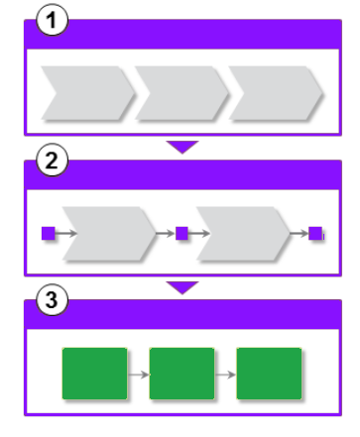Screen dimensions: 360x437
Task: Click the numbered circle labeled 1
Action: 52,20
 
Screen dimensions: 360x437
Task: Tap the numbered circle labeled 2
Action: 52,161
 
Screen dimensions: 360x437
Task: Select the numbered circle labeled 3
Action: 52,300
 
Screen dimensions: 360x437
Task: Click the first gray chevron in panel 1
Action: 87,93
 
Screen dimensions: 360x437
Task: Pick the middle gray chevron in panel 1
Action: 181,93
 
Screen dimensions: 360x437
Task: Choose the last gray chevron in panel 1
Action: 276,93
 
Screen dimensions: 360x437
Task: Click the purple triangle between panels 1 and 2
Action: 182,146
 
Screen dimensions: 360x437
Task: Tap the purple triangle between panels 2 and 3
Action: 182,286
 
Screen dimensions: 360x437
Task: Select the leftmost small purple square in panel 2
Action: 49,233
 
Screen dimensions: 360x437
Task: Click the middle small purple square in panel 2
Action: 181,233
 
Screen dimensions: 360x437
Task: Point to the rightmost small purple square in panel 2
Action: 315,233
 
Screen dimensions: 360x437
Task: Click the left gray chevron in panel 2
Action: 109,234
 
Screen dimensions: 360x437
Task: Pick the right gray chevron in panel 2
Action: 243,234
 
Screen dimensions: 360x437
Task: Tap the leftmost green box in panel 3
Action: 94,374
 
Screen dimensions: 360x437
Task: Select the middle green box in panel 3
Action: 181,374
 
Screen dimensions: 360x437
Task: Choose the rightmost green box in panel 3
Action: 269,374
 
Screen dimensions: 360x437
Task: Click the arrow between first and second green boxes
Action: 138,375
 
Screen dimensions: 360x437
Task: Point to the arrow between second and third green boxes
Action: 225,375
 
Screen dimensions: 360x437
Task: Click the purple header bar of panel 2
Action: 182,174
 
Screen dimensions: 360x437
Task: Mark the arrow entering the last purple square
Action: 300,233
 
